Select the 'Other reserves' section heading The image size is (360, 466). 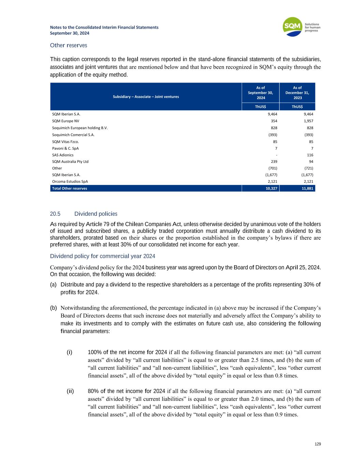[68, 45]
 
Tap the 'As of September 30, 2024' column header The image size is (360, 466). [260, 93]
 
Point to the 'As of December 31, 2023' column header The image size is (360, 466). [297, 93]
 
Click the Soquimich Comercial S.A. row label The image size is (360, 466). [73, 135]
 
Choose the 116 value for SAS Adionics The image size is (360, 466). [310, 155]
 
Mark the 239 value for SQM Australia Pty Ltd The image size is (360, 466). [273, 161]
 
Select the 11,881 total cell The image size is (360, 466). [307, 188]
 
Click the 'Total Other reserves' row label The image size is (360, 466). [69, 188]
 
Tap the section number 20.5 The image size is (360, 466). [55, 214]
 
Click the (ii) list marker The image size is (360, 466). [70, 391]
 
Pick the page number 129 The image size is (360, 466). [318, 444]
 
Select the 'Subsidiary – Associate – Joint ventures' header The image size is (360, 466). [146, 97]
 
